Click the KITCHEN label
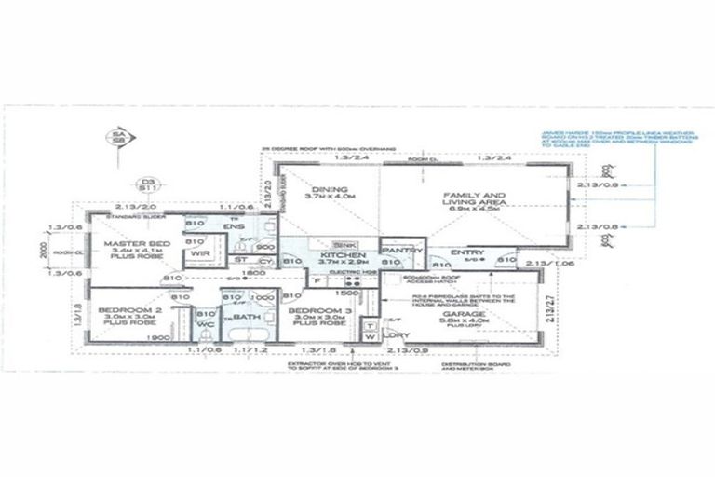[x=340, y=253]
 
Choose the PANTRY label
[x=403, y=251]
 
